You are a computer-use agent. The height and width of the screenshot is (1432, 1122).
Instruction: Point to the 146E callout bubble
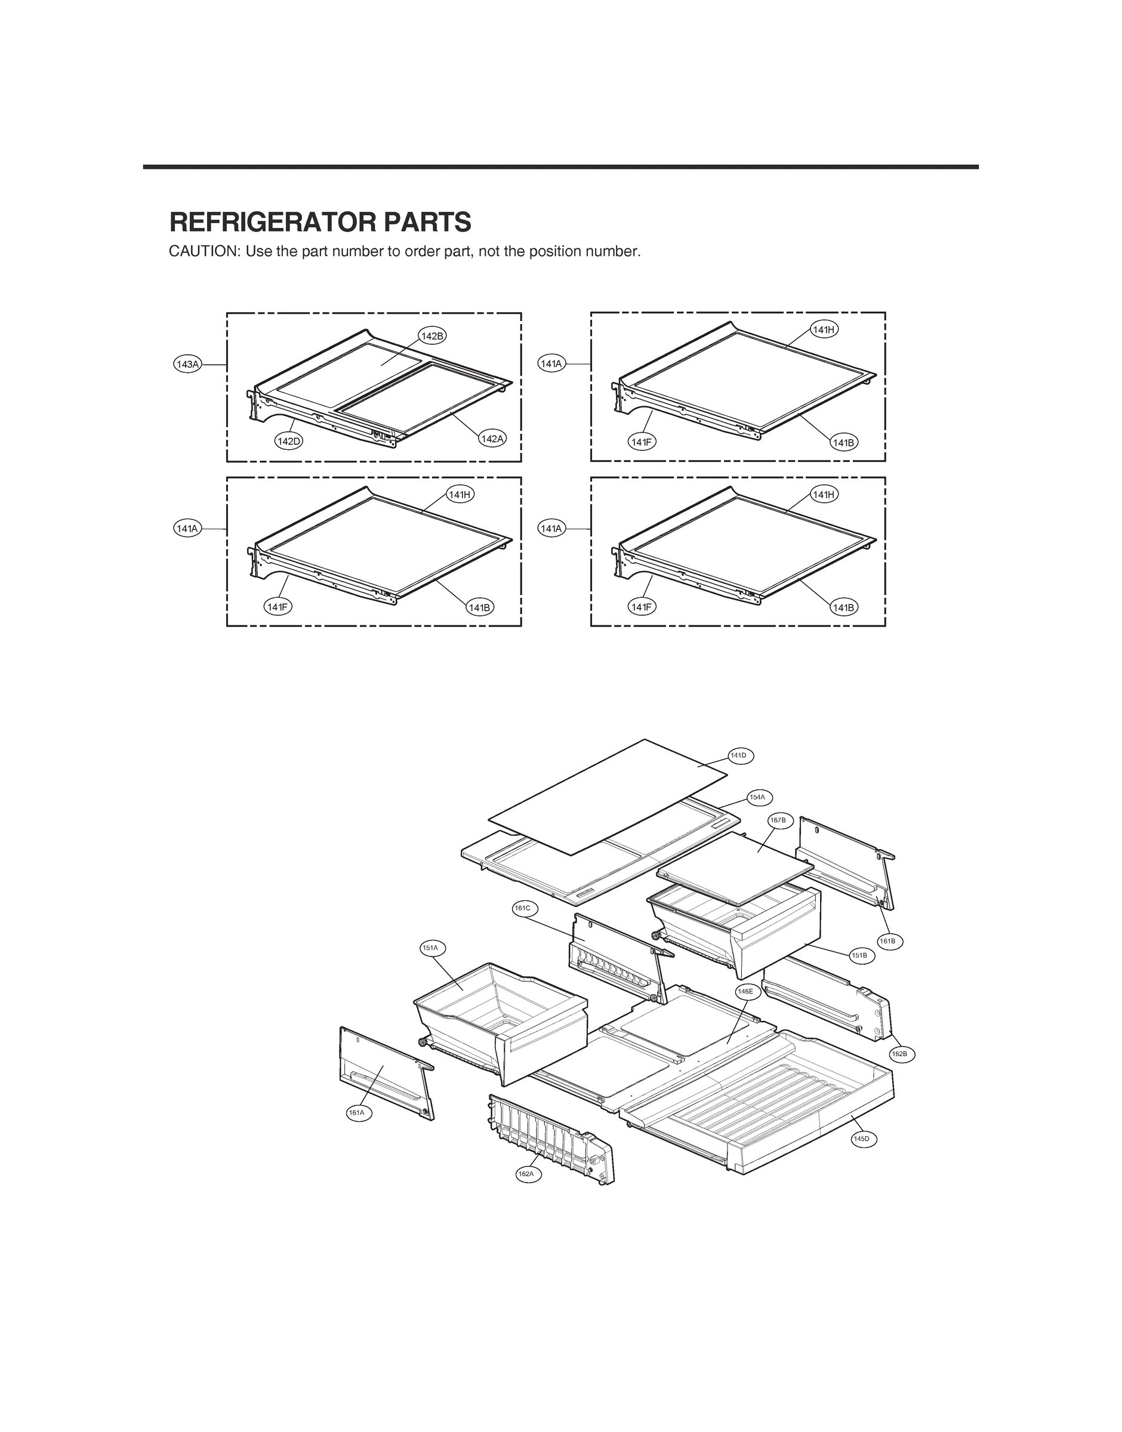tap(746, 992)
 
